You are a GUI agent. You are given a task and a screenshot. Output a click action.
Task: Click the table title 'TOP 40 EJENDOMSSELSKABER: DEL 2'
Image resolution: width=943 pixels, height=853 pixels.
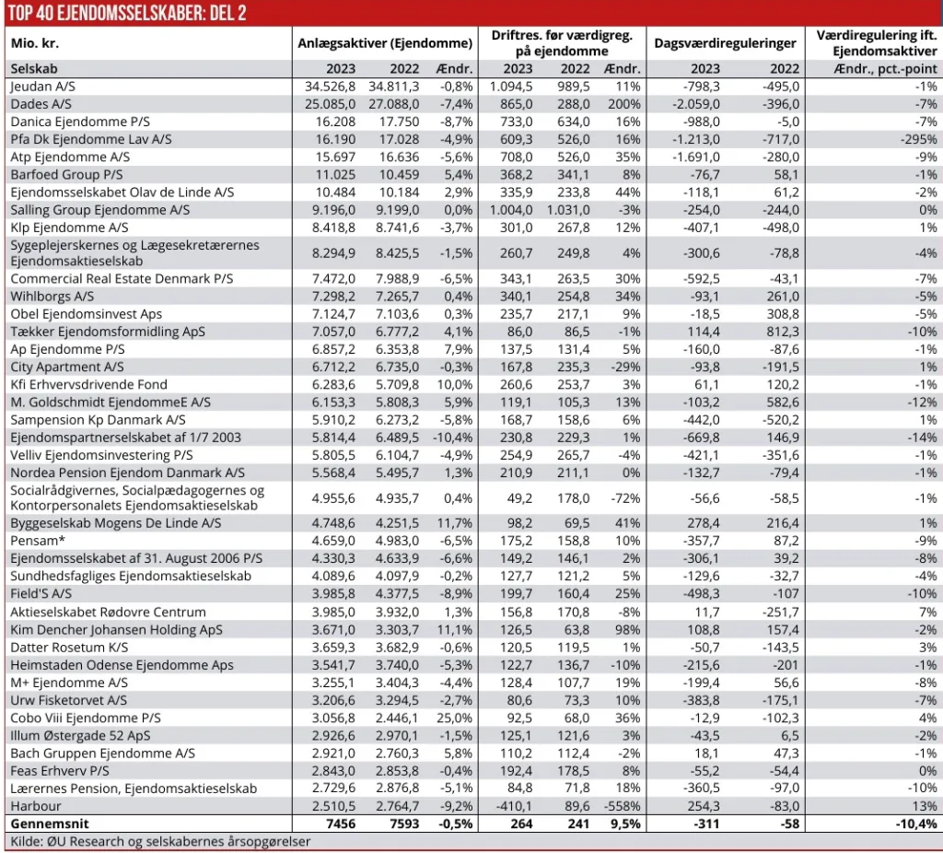pyautogui.click(x=127, y=12)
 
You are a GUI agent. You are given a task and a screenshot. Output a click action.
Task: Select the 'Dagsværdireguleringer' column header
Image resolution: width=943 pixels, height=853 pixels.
pyautogui.click(x=725, y=43)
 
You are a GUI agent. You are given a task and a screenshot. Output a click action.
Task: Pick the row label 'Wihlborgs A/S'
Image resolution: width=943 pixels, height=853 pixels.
pyautogui.click(x=52, y=297)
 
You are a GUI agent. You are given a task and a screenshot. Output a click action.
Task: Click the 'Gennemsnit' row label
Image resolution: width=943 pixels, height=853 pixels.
pyautogui.click(x=46, y=824)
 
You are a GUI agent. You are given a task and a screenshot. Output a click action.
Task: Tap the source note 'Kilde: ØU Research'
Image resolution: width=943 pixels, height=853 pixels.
pyautogui.click(x=160, y=841)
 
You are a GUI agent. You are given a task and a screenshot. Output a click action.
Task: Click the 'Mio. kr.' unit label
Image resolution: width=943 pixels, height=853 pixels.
pyautogui.click(x=35, y=43)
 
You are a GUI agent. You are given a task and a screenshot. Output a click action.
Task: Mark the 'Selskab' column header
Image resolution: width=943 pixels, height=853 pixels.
pyautogui.click(x=34, y=68)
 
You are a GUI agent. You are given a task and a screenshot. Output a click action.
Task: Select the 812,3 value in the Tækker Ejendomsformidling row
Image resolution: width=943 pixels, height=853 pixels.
pyautogui.click(x=781, y=332)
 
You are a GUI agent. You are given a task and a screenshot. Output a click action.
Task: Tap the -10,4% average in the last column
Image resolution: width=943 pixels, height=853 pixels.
pyautogui.click(x=917, y=824)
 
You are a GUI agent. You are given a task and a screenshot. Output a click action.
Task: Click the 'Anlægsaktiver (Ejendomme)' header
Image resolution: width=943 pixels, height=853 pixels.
pyautogui.click(x=385, y=43)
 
